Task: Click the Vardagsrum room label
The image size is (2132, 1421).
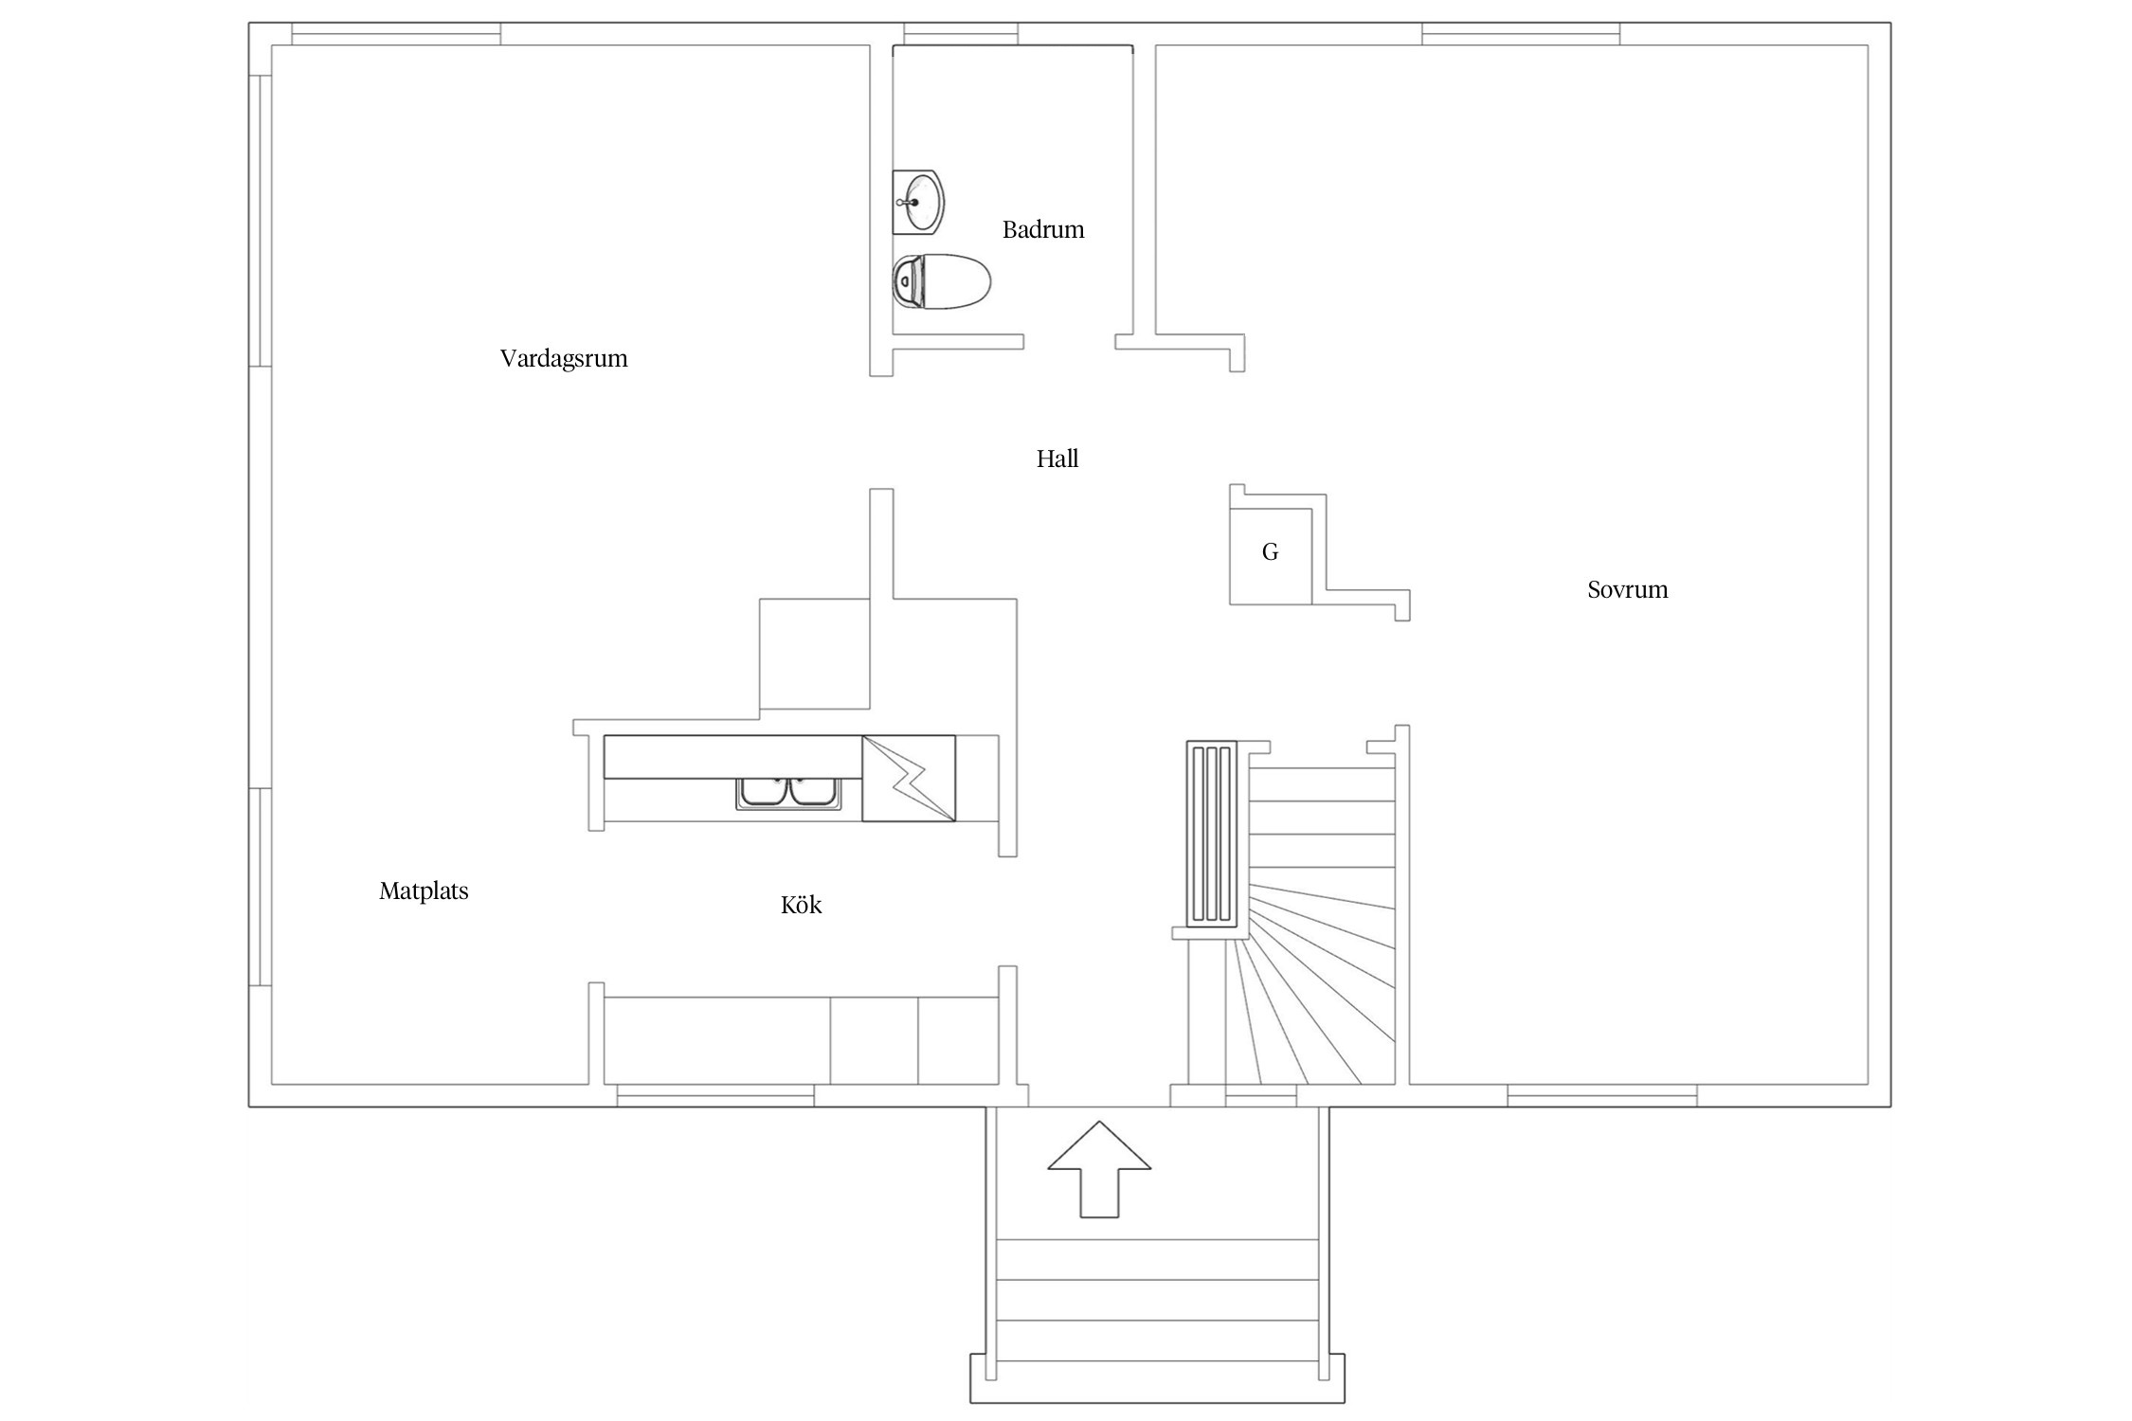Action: tap(564, 359)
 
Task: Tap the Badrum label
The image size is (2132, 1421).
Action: tap(1043, 229)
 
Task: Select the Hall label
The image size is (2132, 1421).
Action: tap(1057, 459)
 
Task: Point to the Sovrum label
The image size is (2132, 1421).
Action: tap(1628, 589)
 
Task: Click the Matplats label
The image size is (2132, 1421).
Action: tap(424, 891)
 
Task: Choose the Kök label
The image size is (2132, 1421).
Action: tap(801, 905)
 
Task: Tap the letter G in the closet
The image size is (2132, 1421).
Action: tap(1271, 551)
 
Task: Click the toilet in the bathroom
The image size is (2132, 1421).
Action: tap(941, 281)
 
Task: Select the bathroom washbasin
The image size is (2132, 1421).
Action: tap(918, 202)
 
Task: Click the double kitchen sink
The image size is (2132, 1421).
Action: tap(788, 792)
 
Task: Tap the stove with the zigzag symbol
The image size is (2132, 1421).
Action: tap(909, 779)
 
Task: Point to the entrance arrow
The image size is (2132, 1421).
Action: tap(1099, 1169)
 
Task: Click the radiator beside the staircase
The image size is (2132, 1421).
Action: tap(1212, 834)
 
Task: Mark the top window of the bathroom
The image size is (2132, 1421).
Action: tap(961, 34)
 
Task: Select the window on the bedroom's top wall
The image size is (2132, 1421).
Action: tap(1521, 34)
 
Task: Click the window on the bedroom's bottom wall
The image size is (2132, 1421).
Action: tap(1602, 1095)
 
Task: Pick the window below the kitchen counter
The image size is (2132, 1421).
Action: tap(715, 1095)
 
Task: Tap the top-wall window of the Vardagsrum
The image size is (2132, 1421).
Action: tap(396, 34)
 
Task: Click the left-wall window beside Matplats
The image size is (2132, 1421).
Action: tap(261, 887)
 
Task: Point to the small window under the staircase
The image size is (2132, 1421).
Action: tap(1261, 1095)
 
